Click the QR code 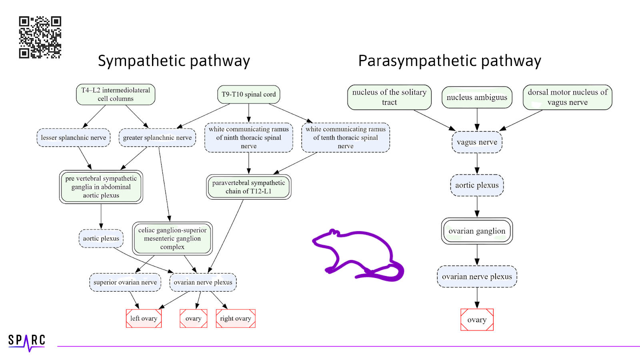40,37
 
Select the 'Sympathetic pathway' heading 174,61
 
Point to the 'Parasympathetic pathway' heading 450,61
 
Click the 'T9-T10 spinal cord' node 249,94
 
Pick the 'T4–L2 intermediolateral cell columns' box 116,94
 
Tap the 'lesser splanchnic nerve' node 74,138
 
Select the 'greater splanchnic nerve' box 157,138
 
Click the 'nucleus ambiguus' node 477,97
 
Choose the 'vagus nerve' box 477,142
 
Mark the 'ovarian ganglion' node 477,231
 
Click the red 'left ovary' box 144,318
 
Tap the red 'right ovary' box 236,318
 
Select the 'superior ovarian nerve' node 125,282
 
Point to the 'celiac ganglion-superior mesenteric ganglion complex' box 172,238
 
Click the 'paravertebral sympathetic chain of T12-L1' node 249,187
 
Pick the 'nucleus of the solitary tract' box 389,97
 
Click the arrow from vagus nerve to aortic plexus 477,163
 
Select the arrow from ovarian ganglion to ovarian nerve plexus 477,255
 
